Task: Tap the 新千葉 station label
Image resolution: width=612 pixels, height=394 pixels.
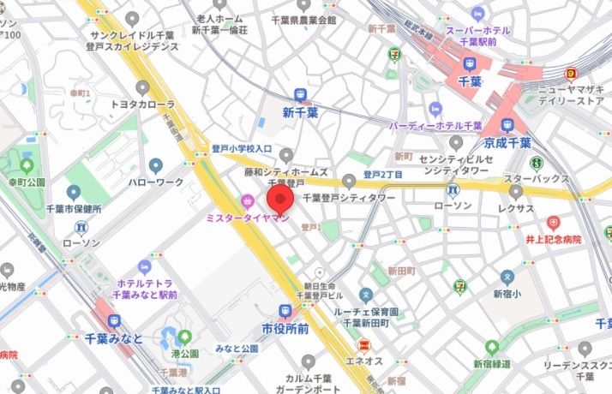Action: [300, 112]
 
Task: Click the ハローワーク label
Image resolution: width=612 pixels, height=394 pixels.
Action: [155, 183]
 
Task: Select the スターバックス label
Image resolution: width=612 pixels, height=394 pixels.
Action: [537, 178]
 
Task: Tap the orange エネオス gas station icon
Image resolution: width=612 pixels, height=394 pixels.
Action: [363, 345]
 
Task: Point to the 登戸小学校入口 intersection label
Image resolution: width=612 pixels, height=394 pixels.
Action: [242, 149]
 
